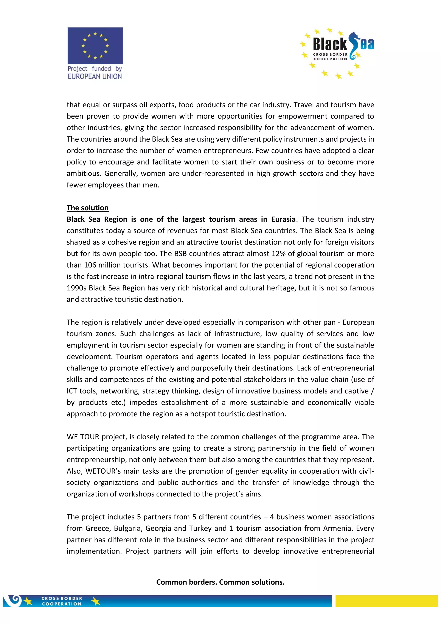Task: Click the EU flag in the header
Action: pyautogui.click(x=95, y=45)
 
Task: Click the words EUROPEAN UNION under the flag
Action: pyautogui.click(x=95, y=77)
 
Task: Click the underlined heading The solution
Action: pyautogui.click(x=87, y=208)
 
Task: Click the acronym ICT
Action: pyautogui.click(x=72, y=391)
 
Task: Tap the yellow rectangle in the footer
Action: pyautogui.click(x=387, y=601)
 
